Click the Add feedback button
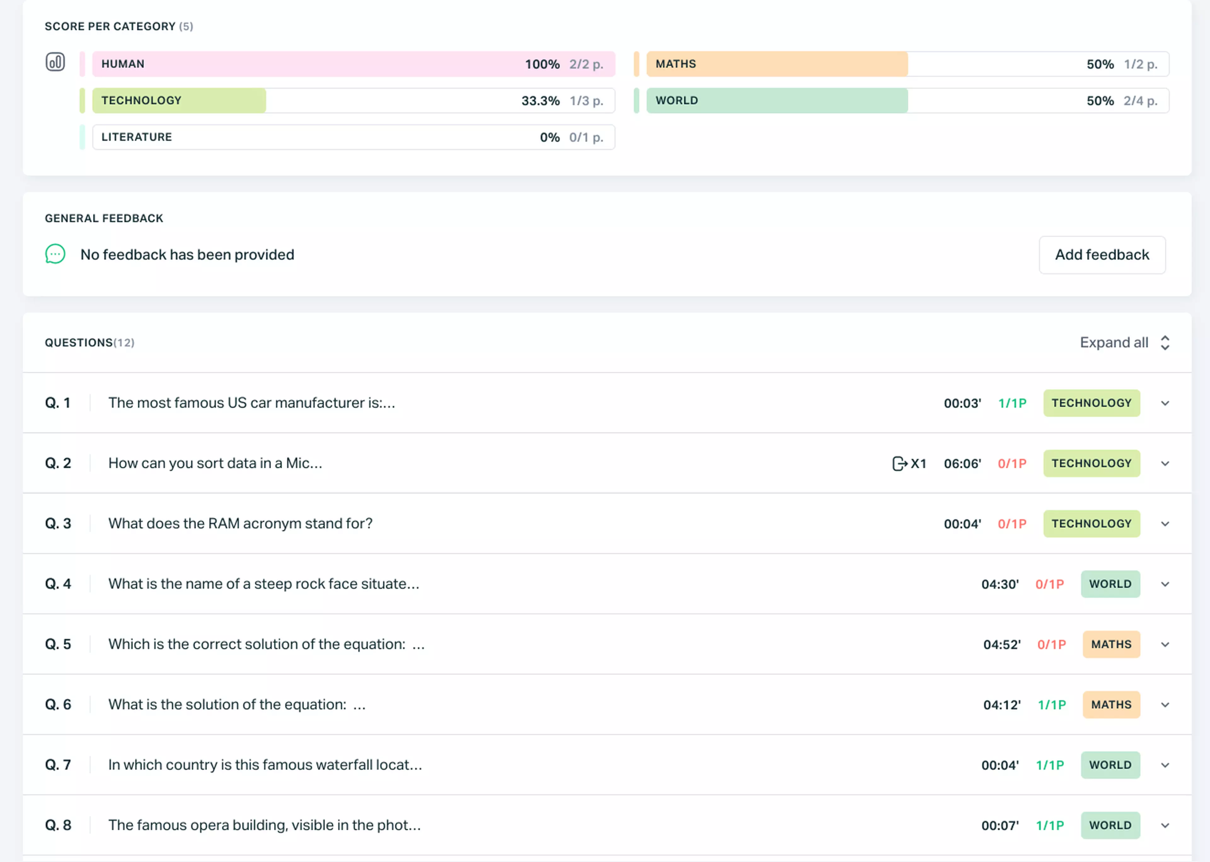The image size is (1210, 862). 1102,255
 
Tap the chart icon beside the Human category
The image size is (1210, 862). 55,62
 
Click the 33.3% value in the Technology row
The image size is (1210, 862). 540,101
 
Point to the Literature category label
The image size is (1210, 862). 136,137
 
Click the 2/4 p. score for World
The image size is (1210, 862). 1140,101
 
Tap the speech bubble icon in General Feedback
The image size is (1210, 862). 55,254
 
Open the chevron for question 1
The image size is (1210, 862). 1165,403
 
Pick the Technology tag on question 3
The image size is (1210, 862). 1091,523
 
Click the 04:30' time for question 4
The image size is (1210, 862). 1000,585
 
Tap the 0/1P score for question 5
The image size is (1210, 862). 1051,644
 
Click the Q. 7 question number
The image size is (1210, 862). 58,765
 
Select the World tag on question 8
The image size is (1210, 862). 1110,825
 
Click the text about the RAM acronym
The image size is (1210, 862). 240,523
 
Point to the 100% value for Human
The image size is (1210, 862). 542,64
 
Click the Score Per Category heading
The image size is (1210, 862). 110,26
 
